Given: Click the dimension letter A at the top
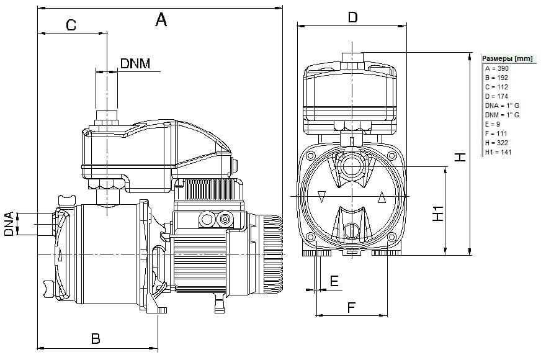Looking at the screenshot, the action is coord(161,19).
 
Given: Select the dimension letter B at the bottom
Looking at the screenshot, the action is coord(96,339).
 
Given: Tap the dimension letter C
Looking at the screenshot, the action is coord(71,25).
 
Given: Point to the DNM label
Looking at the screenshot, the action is coord(135,63).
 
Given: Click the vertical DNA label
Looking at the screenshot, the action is coord(9,223).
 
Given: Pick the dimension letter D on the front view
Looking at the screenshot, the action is coord(352,17).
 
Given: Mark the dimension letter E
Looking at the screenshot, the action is coord(334,281).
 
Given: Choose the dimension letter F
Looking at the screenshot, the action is coord(351,307).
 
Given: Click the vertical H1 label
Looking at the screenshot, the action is coord(438,214).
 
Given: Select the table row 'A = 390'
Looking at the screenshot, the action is coord(496,68).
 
